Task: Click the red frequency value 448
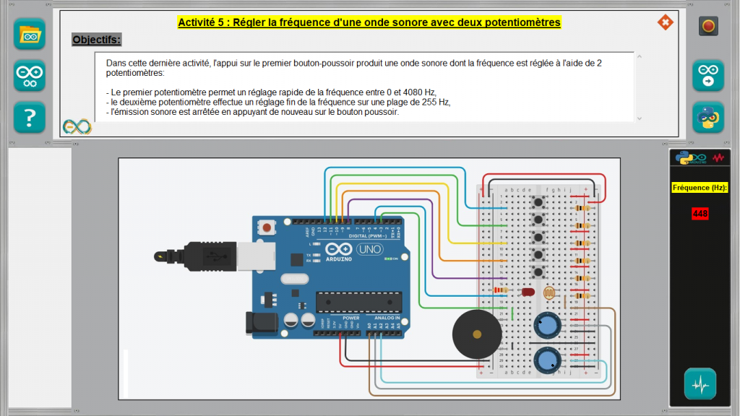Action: pyautogui.click(x=700, y=214)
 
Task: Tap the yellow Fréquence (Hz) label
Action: pyautogui.click(x=700, y=188)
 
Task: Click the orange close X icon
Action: pyautogui.click(x=665, y=23)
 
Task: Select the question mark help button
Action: pyautogui.click(x=30, y=117)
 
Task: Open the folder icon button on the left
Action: pyautogui.click(x=30, y=34)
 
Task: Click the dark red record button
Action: pyautogui.click(x=708, y=27)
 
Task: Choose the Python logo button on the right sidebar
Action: pyautogui.click(x=708, y=117)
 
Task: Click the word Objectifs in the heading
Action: pyautogui.click(x=97, y=40)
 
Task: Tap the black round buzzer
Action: pyautogui.click(x=476, y=334)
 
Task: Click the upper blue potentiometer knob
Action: pyautogui.click(x=547, y=326)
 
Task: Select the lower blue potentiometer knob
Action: pyautogui.click(x=547, y=359)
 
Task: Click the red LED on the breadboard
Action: pyautogui.click(x=528, y=292)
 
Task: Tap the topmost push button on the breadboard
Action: pyautogui.click(x=537, y=201)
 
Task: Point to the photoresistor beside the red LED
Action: pyautogui.click(x=548, y=293)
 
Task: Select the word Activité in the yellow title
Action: pyautogui.click(x=199, y=22)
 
